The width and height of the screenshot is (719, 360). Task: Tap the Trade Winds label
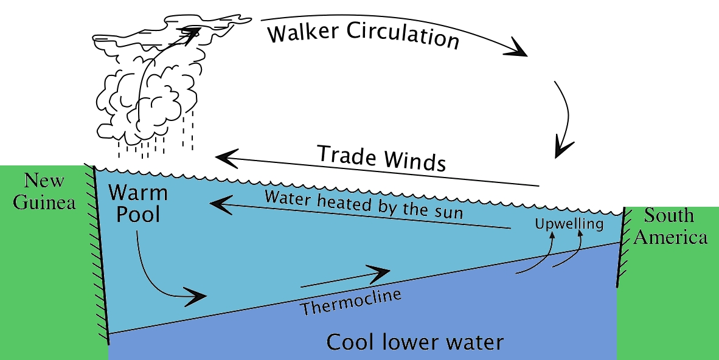(x=381, y=158)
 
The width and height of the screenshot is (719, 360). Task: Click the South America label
(x=670, y=226)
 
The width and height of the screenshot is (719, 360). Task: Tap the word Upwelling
(x=569, y=224)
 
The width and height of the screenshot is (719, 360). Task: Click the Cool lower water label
(x=415, y=342)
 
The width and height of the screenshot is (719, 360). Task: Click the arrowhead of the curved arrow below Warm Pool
(x=198, y=297)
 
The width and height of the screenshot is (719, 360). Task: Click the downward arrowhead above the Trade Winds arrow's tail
(x=562, y=148)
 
